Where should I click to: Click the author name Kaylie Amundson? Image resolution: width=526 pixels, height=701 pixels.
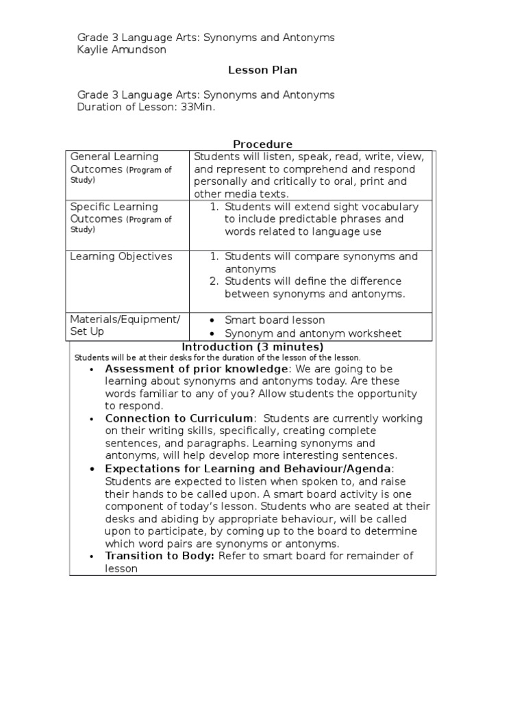(121, 50)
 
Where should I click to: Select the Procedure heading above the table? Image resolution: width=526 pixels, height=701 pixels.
(262, 144)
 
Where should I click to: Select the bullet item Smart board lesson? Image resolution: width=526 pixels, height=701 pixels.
(275, 320)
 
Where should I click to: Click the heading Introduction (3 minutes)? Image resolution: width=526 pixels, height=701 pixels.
(252, 347)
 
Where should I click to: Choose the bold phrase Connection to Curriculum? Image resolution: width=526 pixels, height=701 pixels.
(179, 418)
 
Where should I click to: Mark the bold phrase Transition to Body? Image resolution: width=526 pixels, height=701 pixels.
(160, 556)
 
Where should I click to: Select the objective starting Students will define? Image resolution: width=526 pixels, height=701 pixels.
(313, 288)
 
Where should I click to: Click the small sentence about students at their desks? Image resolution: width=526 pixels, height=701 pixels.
(216, 357)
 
